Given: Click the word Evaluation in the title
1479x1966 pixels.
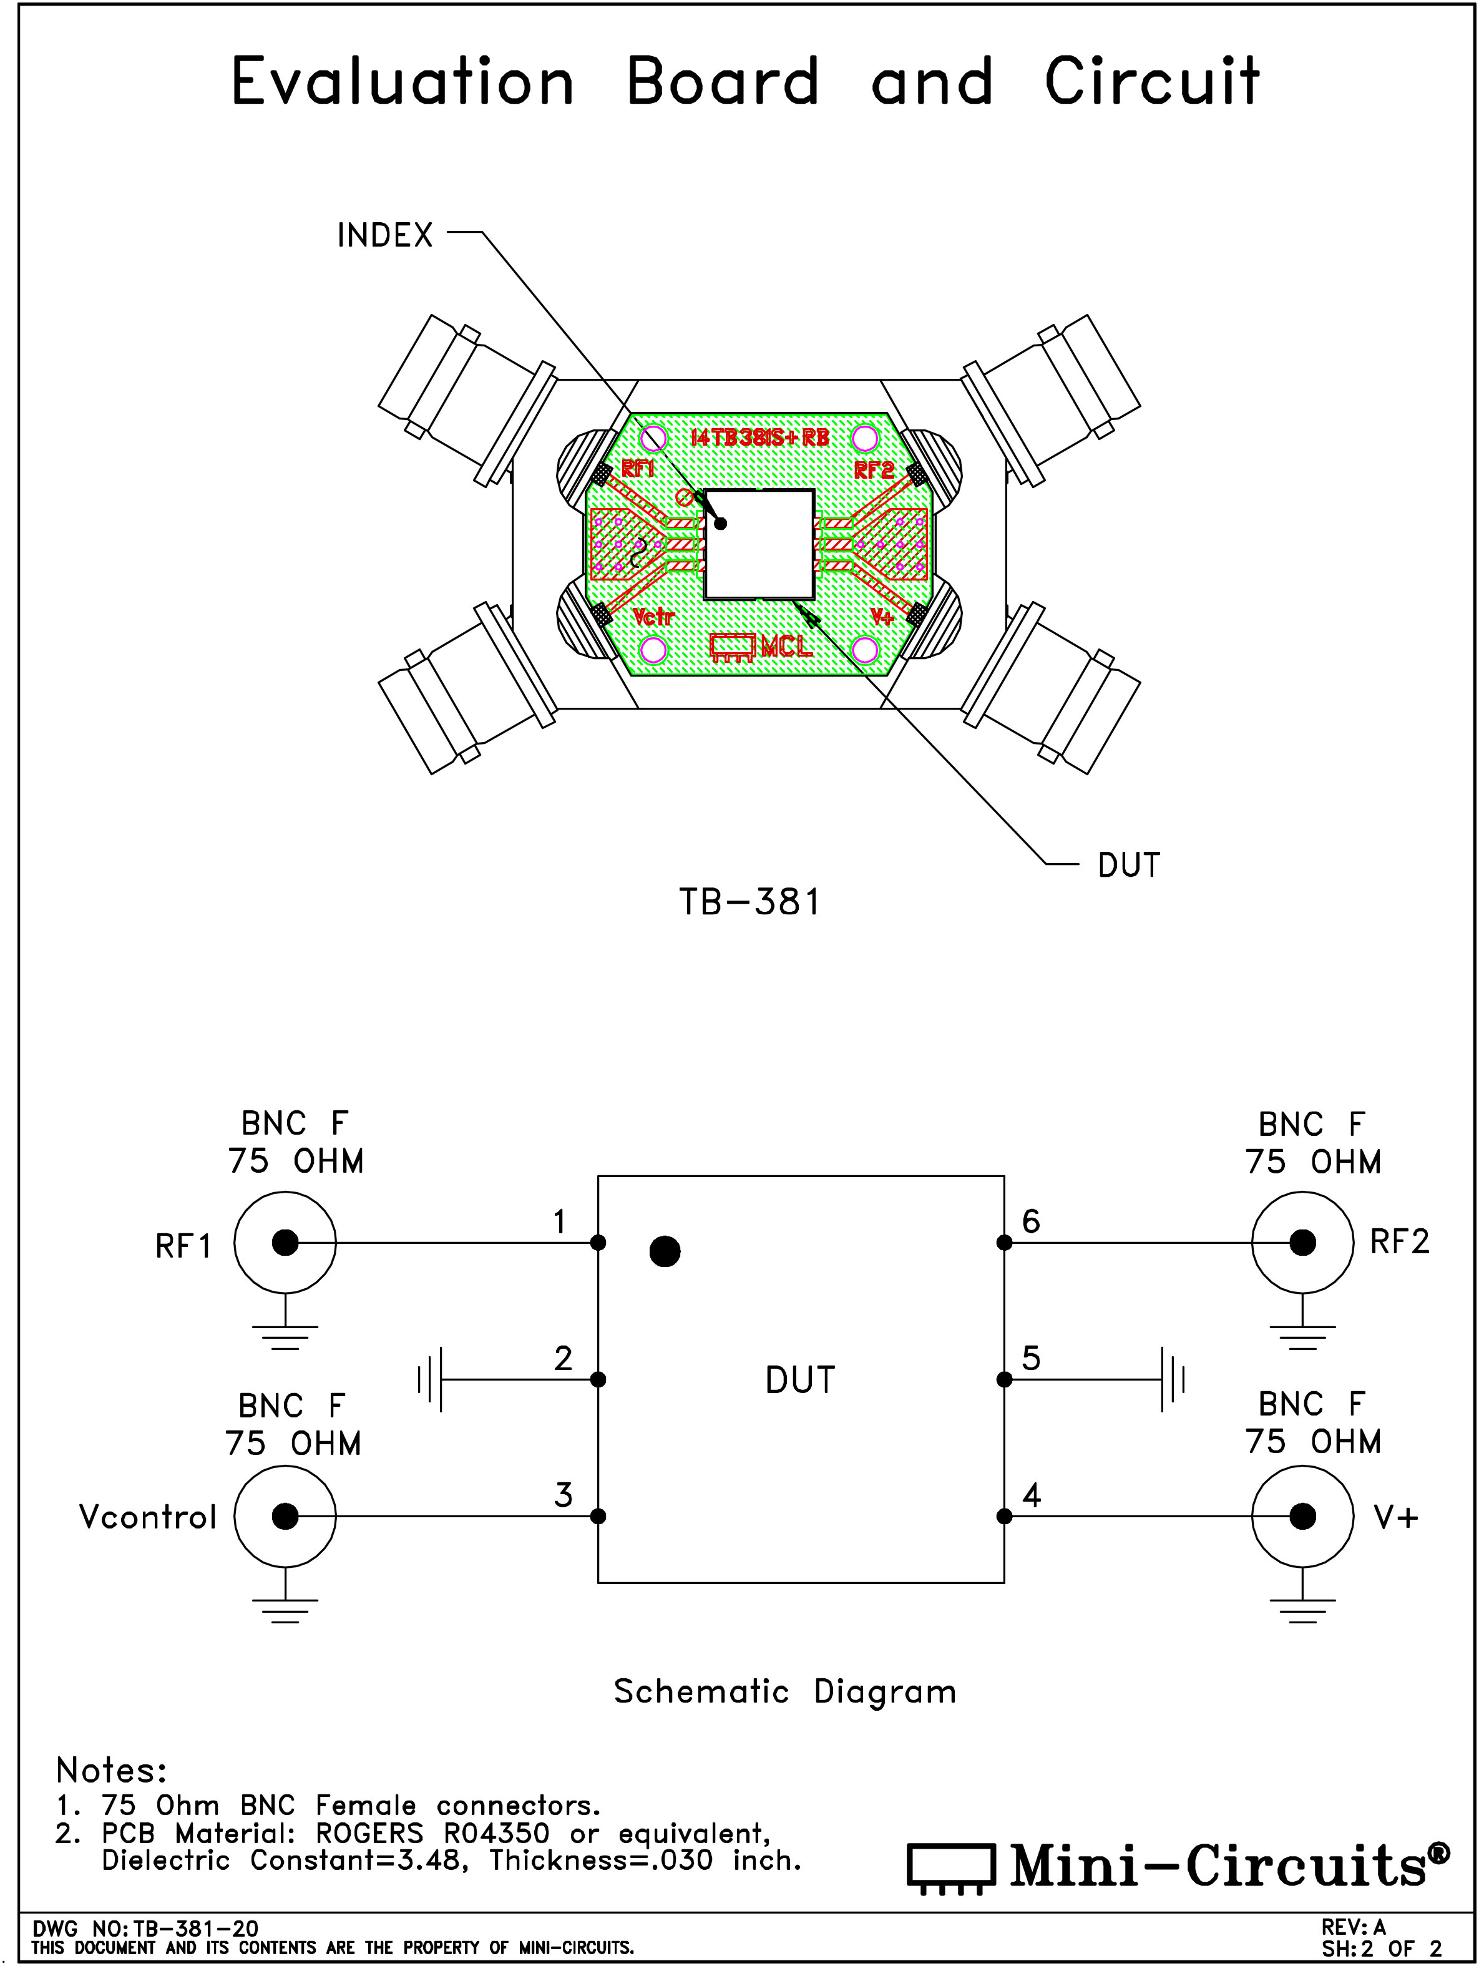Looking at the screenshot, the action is click(x=403, y=81).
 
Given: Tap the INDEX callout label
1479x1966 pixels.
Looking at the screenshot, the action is click(x=385, y=235).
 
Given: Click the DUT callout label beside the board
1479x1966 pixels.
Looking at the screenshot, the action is click(x=1129, y=865).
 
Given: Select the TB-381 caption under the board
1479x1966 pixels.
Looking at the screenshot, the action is click(x=749, y=902).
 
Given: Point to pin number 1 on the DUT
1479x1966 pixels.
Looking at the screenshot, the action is click(x=559, y=1222).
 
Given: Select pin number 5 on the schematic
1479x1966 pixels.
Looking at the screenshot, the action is click(x=1031, y=1358).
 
